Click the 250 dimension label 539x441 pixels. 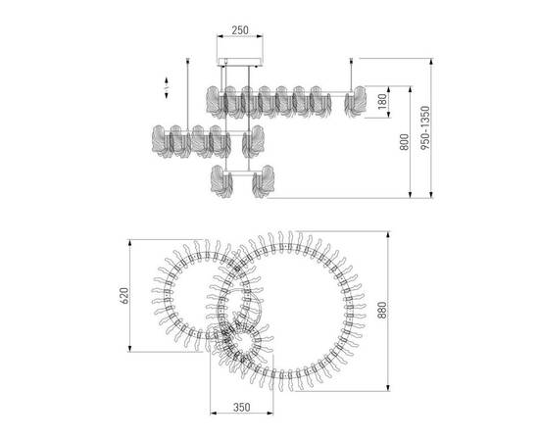pyautogui.click(x=239, y=30)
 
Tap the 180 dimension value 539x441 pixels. pyautogui.click(x=382, y=102)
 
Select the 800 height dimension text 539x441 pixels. pyautogui.click(x=405, y=142)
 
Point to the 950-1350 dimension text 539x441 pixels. pyautogui.click(x=425, y=127)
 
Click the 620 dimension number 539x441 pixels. pyautogui.click(x=124, y=295)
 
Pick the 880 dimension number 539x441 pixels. pyautogui.click(x=382, y=311)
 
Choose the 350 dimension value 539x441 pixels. pyautogui.click(x=242, y=408)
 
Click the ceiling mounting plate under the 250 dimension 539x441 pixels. pyautogui.click(x=240, y=62)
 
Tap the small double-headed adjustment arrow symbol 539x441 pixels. pyautogui.click(x=167, y=88)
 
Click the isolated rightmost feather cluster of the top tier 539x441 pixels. pyautogui.click(x=356, y=101)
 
